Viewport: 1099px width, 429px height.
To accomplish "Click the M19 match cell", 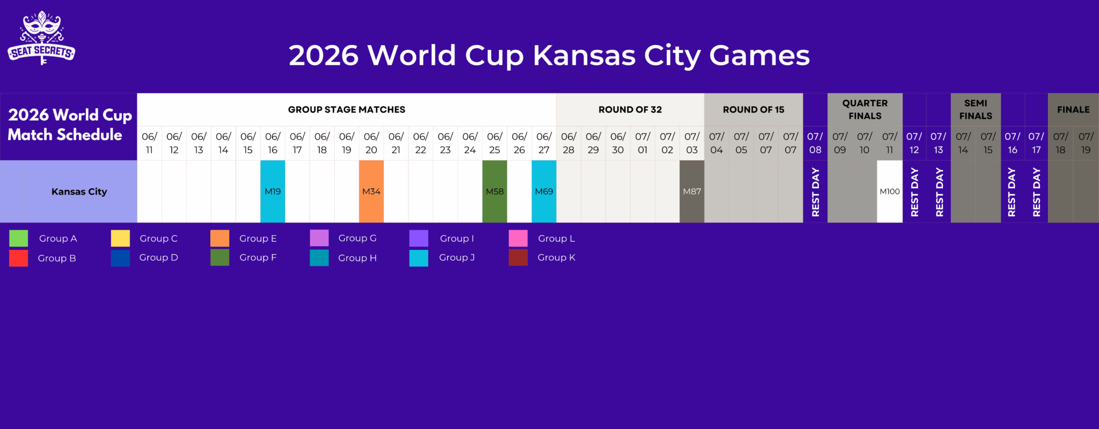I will (273, 191).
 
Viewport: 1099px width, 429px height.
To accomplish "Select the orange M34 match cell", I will (371, 191).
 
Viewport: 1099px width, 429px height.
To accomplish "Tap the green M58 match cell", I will (494, 191).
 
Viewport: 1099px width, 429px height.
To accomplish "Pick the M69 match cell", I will (544, 191).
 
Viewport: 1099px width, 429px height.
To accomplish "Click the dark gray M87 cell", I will (692, 191).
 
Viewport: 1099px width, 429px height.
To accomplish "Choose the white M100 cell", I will (889, 191).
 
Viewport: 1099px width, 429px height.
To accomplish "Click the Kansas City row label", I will (79, 191).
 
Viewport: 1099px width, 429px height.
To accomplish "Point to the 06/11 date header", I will (149, 143).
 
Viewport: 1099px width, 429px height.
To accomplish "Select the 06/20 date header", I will (371, 143).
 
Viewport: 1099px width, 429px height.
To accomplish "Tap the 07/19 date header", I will (1086, 143).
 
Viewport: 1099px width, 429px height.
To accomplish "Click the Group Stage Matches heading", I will (347, 109).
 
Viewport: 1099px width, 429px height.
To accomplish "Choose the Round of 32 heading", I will (630, 109).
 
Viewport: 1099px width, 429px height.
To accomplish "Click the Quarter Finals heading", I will (864, 109).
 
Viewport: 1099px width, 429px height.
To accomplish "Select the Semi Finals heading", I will (976, 109).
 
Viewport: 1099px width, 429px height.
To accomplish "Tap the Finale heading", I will (1073, 109).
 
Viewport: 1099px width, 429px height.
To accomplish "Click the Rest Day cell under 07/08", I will (815, 191).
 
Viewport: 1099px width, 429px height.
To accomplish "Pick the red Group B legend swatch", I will (19, 258).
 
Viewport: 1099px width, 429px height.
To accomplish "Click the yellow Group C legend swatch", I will (120, 238).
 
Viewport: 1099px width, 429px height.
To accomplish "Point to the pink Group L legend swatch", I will (518, 238).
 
